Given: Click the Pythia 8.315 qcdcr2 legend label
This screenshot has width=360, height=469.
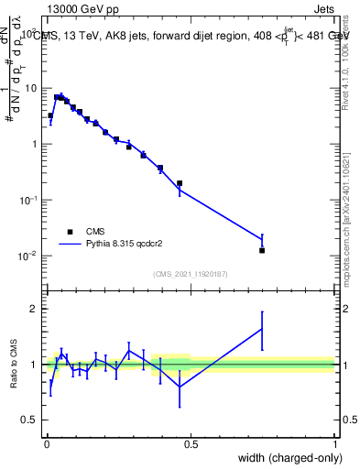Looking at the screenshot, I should pos(135,245).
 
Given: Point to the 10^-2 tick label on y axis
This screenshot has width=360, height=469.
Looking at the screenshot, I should pos(27,256).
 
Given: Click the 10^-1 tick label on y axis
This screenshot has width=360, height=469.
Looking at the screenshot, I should pos(27,200).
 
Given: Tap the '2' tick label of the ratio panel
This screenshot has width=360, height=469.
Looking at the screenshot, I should pos(34,309).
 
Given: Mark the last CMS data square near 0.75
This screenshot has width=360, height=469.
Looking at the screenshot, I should pos(262,250).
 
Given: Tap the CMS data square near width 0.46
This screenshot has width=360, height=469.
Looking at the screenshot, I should pos(180,183).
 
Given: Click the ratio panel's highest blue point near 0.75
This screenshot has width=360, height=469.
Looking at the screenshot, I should pos(262,329).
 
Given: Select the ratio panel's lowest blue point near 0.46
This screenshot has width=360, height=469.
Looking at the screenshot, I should pos(180,387).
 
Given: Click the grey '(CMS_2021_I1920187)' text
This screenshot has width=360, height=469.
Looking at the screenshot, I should pos(191,273).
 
